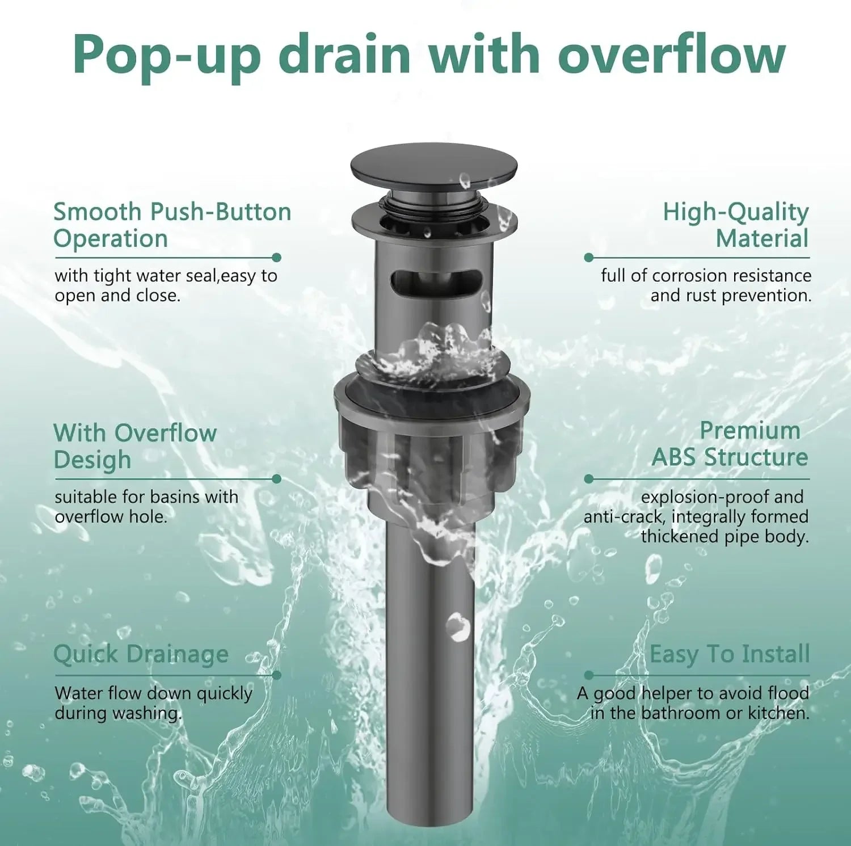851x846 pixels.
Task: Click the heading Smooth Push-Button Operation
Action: tap(172, 225)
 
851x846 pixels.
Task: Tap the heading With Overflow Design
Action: tap(135, 446)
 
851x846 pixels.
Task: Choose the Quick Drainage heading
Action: tap(141, 654)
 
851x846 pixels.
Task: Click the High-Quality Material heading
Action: tap(736, 225)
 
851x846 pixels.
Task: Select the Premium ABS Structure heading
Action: tap(730, 444)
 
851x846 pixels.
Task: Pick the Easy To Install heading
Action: tap(730, 654)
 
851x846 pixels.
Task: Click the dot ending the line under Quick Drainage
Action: tap(277, 675)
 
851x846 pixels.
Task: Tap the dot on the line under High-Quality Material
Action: tap(588, 258)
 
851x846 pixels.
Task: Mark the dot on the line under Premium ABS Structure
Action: tap(588, 479)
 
